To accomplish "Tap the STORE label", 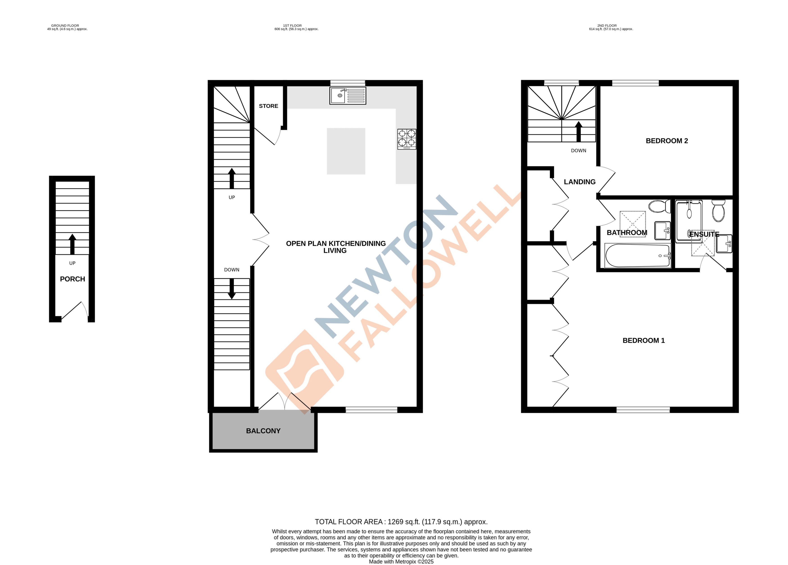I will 268,106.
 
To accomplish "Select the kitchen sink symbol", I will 347,96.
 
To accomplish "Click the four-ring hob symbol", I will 407,139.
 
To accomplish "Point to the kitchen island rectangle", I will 346,151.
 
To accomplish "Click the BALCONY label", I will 263,431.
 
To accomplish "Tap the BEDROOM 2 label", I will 666,141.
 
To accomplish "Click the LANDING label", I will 579,182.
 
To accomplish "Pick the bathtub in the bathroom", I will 637,256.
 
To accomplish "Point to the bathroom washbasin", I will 662,231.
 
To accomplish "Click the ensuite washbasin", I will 724,244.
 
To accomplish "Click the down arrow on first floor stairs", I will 231,288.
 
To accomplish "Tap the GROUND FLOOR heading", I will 65,26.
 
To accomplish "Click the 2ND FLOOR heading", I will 607,26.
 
